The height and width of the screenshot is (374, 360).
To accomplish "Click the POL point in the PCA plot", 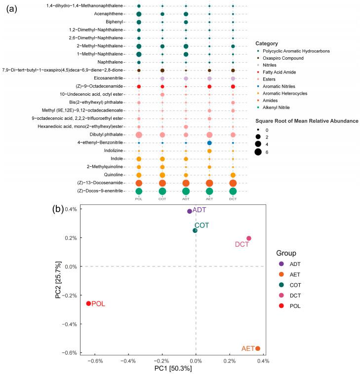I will click(88, 303).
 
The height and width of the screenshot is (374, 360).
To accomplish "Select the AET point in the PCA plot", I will click(257, 348).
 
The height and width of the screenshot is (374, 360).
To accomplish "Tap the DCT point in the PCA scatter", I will click(249, 238).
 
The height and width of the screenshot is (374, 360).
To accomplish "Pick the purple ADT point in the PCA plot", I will click(189, 211).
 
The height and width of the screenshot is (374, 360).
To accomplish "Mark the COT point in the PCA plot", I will click(195, 230).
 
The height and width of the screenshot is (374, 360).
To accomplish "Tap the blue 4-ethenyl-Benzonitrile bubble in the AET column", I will click(209, 143).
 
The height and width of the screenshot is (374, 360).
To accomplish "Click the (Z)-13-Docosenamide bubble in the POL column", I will click(139, 183).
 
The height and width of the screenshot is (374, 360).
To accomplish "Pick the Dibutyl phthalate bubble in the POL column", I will click(139, 135).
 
